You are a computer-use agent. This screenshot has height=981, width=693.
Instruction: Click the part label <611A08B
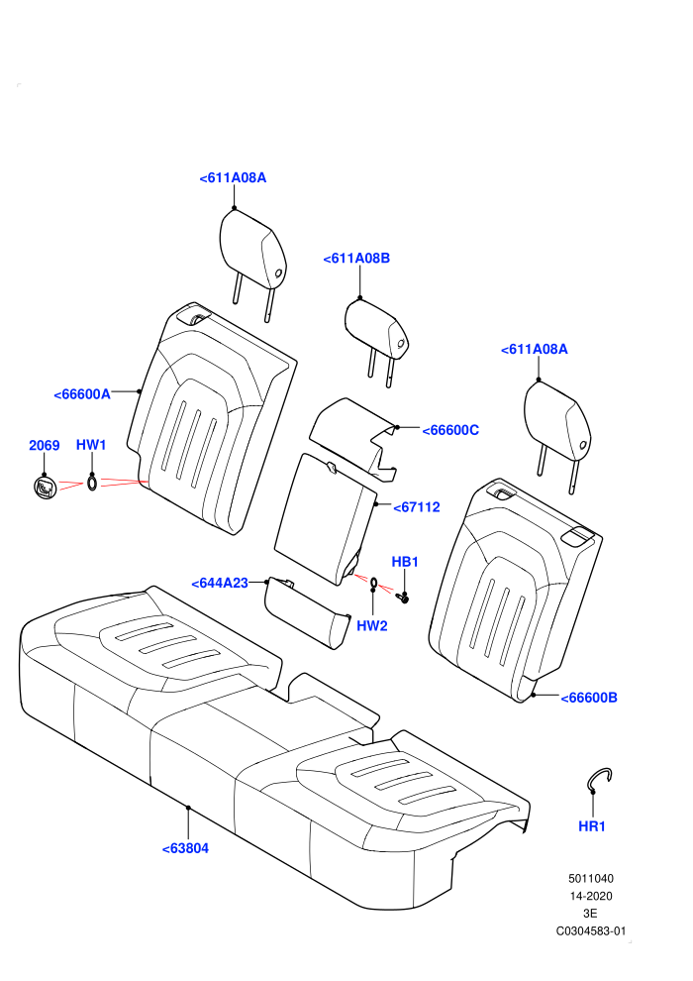pyautogui.click(x=356, y=259)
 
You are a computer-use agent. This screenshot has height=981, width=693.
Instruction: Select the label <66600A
pyautogui.click(x=82, y=394)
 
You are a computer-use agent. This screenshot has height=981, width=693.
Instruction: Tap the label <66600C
pyautogui.click(x=450, y=430)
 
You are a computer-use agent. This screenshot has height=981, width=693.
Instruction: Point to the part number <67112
pyautogui.click(x=417, y=507)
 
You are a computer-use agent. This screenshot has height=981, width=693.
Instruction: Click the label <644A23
pyautogui.click(x=220, y=583)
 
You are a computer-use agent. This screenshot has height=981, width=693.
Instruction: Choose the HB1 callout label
pyautogui.click(x=405, y=562)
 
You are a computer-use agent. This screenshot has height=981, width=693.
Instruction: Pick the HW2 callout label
pyautogui.click(x=372, y=625)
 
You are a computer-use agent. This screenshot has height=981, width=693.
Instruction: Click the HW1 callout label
pyautogui.click(x=91, y=445)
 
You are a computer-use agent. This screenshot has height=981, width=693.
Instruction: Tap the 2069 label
pyautogui.click(x=45, y=446)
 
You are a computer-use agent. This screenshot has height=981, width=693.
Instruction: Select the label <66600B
pyautogui.click(x=589, y=698)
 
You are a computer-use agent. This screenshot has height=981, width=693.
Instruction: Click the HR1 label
pyautogui.click(x=592, y=826)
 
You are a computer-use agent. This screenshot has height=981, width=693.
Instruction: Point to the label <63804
pyautogui.click(x=185, y=849)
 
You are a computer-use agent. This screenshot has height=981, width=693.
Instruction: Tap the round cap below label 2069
pyautogui.click(x=45, y=488)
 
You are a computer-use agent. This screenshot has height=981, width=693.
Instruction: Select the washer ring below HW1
pyautogui.click(x=92, y=483)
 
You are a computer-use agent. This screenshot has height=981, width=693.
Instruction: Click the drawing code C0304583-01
pyautogui.click(x=591, y=930)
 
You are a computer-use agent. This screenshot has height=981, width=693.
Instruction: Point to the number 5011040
pyautogui.click(x=591, y=878)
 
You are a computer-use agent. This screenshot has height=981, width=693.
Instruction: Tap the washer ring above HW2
pyautogui.click(x=373, y=585)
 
